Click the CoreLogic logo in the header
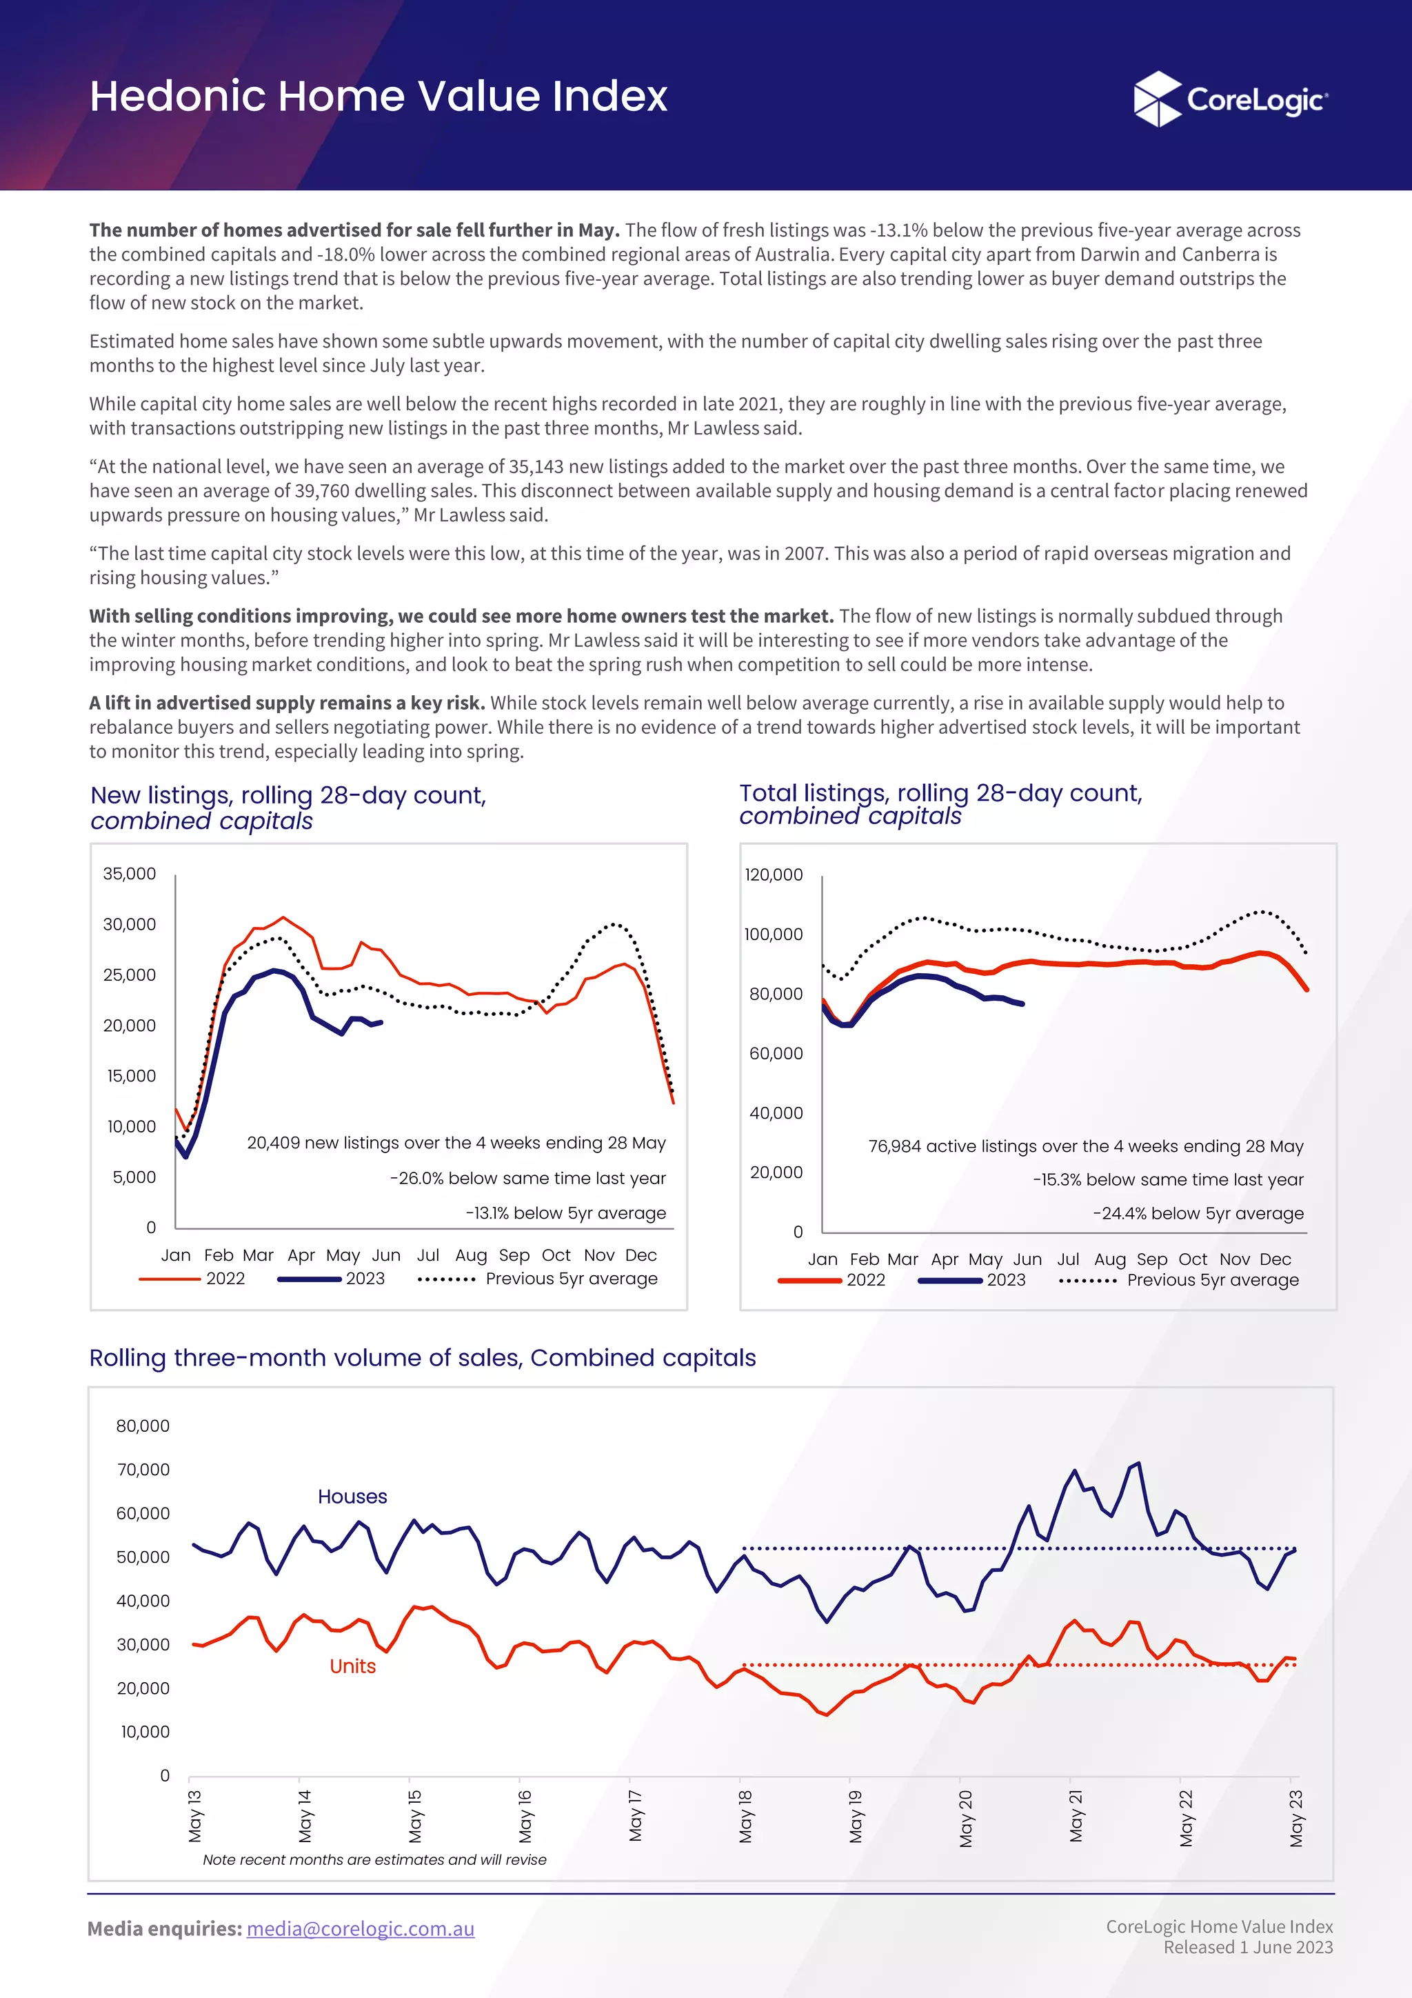1230,99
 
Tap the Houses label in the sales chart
352,1496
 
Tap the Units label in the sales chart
352,1666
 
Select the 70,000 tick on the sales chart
143,1469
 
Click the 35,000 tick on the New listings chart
130,873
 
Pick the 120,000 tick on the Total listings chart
774,874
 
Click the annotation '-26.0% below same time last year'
527,1177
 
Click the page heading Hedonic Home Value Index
379,96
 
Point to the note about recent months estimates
374,1859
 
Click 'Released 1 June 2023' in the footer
1248,1947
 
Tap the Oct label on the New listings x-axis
556,1255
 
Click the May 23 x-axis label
1296,1818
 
